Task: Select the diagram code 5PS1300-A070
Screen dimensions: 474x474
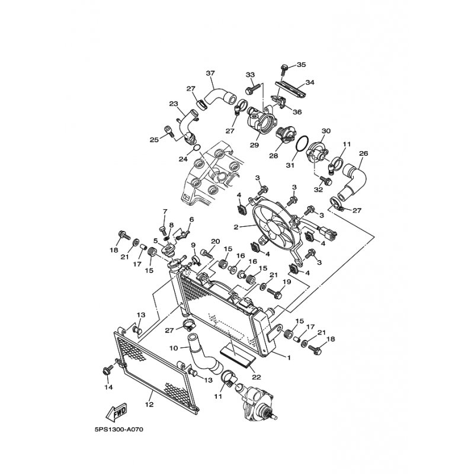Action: (118, 430)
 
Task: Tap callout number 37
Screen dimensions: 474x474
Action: (210, 73)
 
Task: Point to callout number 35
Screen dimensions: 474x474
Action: (301, 65)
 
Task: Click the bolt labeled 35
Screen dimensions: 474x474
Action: (284, 70)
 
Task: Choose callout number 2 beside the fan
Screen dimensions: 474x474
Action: (236, 227)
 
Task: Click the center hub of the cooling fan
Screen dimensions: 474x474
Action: (271, 225)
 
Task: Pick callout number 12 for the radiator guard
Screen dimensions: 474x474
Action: (150, 405)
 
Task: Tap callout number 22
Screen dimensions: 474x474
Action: (257, 377)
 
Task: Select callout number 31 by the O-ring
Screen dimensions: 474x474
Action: (290, 165)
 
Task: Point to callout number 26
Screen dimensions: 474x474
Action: (364, 153)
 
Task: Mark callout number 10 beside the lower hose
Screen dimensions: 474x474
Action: (174, 348)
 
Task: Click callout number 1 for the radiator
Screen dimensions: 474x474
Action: (289, 358)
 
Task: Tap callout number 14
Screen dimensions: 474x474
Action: (108, 387)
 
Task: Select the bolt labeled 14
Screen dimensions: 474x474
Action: (108, 370)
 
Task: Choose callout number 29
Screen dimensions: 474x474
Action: (255, 145)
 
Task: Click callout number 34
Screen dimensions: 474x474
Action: (310, 82)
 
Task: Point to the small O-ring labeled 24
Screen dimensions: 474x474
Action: (197, 148)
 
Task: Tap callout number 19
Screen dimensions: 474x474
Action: (287, 282)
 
